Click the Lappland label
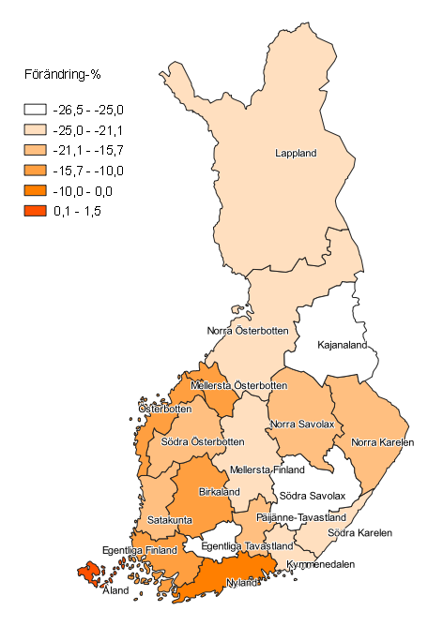point(296,153)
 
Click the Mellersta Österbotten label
point(238,385)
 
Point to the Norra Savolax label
point(302,424)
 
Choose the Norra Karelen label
point(382,441)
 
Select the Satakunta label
point(170,519)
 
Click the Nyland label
point(240,581)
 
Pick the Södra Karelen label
point(359,534)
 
